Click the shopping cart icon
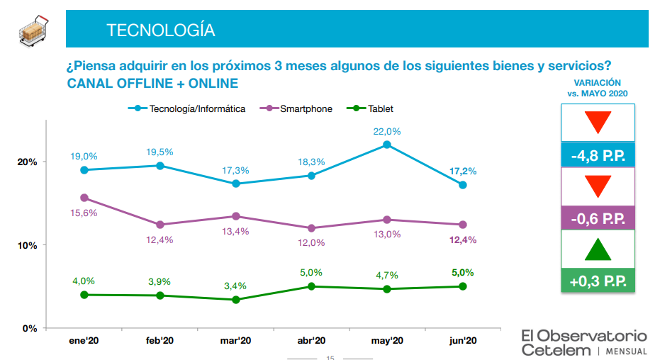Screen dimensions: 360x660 (x=34, y=30)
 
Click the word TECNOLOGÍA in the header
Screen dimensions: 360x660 (x=160, y=30)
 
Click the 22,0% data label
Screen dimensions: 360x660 (x=387, y=131)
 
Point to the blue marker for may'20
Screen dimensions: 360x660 (x=387, y=145)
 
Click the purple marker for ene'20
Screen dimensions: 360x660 (x=84, y=198)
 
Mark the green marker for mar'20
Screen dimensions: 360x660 (x=235, y=300)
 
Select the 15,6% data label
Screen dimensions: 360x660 (x=84, y=213)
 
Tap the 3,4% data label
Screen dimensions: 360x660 (x=235, y=286)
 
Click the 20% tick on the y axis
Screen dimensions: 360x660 (x=27, y=162)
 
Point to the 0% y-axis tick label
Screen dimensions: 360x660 (x=30, y=328)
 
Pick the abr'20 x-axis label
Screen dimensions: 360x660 (x=311, y=341)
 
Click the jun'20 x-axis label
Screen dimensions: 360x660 (x=462, y=341)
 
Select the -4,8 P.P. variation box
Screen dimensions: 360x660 (x=598, y=154)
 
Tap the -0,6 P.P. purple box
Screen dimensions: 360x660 (x=598, y=218)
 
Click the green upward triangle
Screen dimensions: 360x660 (x=598, y=249)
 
